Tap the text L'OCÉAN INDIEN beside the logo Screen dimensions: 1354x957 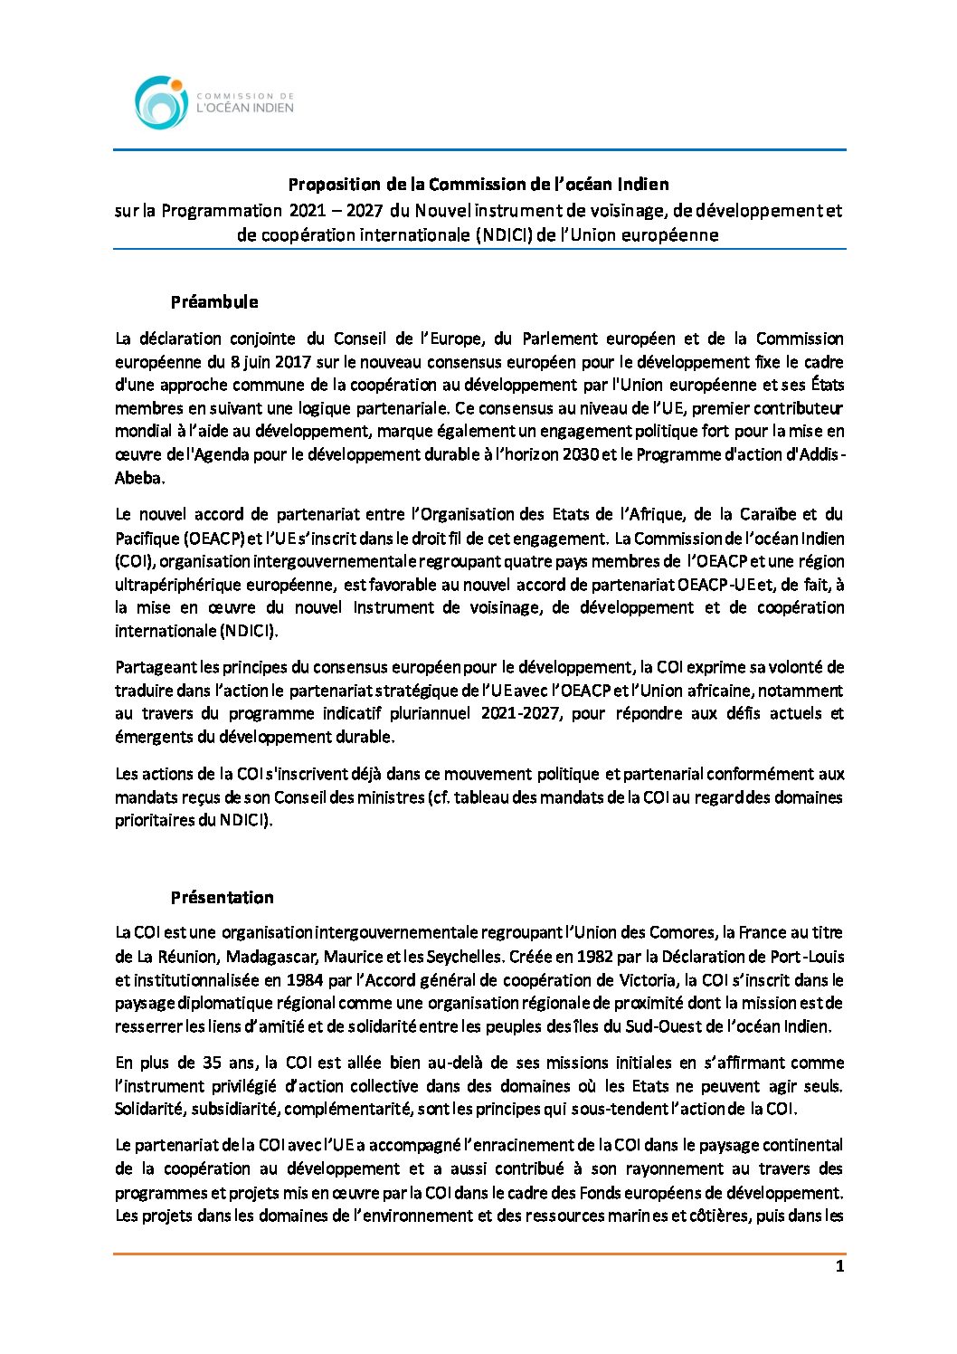(245, 108)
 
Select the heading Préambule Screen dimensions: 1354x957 (214, 302)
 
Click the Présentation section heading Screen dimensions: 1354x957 (222, 898)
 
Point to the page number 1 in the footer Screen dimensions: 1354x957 (839, 1266)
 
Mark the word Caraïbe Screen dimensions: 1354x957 (764, 515)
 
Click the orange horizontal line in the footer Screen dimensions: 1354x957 (479, 1254)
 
